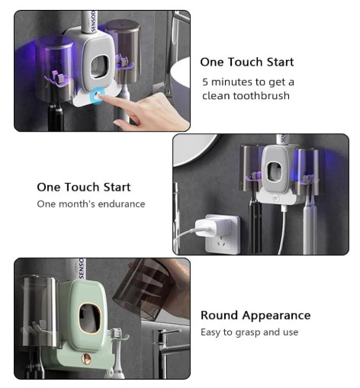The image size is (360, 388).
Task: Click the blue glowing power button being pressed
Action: [97, 96]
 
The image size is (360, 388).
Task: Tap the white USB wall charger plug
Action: [210, 228]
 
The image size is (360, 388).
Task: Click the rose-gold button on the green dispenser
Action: [86, 358]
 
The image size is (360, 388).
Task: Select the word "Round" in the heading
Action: [219, 316]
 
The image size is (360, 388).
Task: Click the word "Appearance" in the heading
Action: [276, 316]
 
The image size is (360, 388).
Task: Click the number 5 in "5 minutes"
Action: [205, 82]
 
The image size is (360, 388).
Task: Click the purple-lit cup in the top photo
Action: [54, 67]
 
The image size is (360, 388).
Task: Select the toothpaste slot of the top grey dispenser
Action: [101, 68]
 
